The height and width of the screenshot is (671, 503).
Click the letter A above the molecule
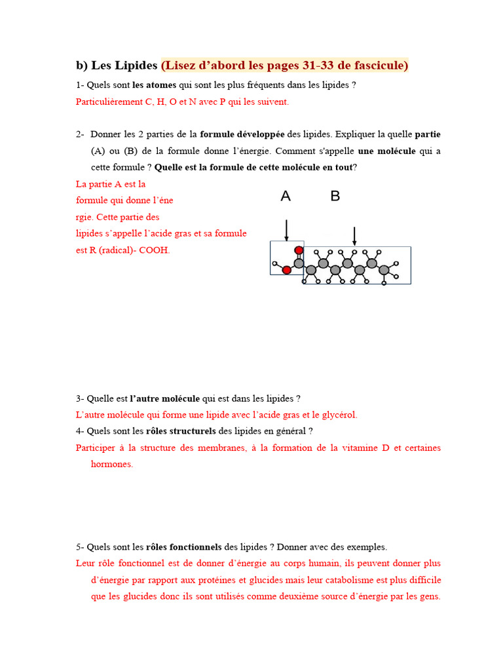[x=286, y=196]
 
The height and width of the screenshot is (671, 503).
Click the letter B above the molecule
[x=335, y=196]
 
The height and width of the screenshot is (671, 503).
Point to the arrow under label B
[x=354, y=237]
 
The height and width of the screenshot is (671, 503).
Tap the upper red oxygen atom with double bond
[x=299, y=250]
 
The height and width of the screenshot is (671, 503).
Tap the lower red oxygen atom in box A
[x=286, y=269]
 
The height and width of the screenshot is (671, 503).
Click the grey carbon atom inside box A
[x=299, y=263]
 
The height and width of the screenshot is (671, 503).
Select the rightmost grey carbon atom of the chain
[x=384, y=269]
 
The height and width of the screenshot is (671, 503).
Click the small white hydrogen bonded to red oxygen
[x=275, y=264]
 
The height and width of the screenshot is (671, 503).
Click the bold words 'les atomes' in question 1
[x=154, y=85]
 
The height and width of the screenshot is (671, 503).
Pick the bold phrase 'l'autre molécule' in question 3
[x=164, y=398]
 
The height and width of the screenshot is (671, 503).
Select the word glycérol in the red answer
[x=337, y=415]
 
